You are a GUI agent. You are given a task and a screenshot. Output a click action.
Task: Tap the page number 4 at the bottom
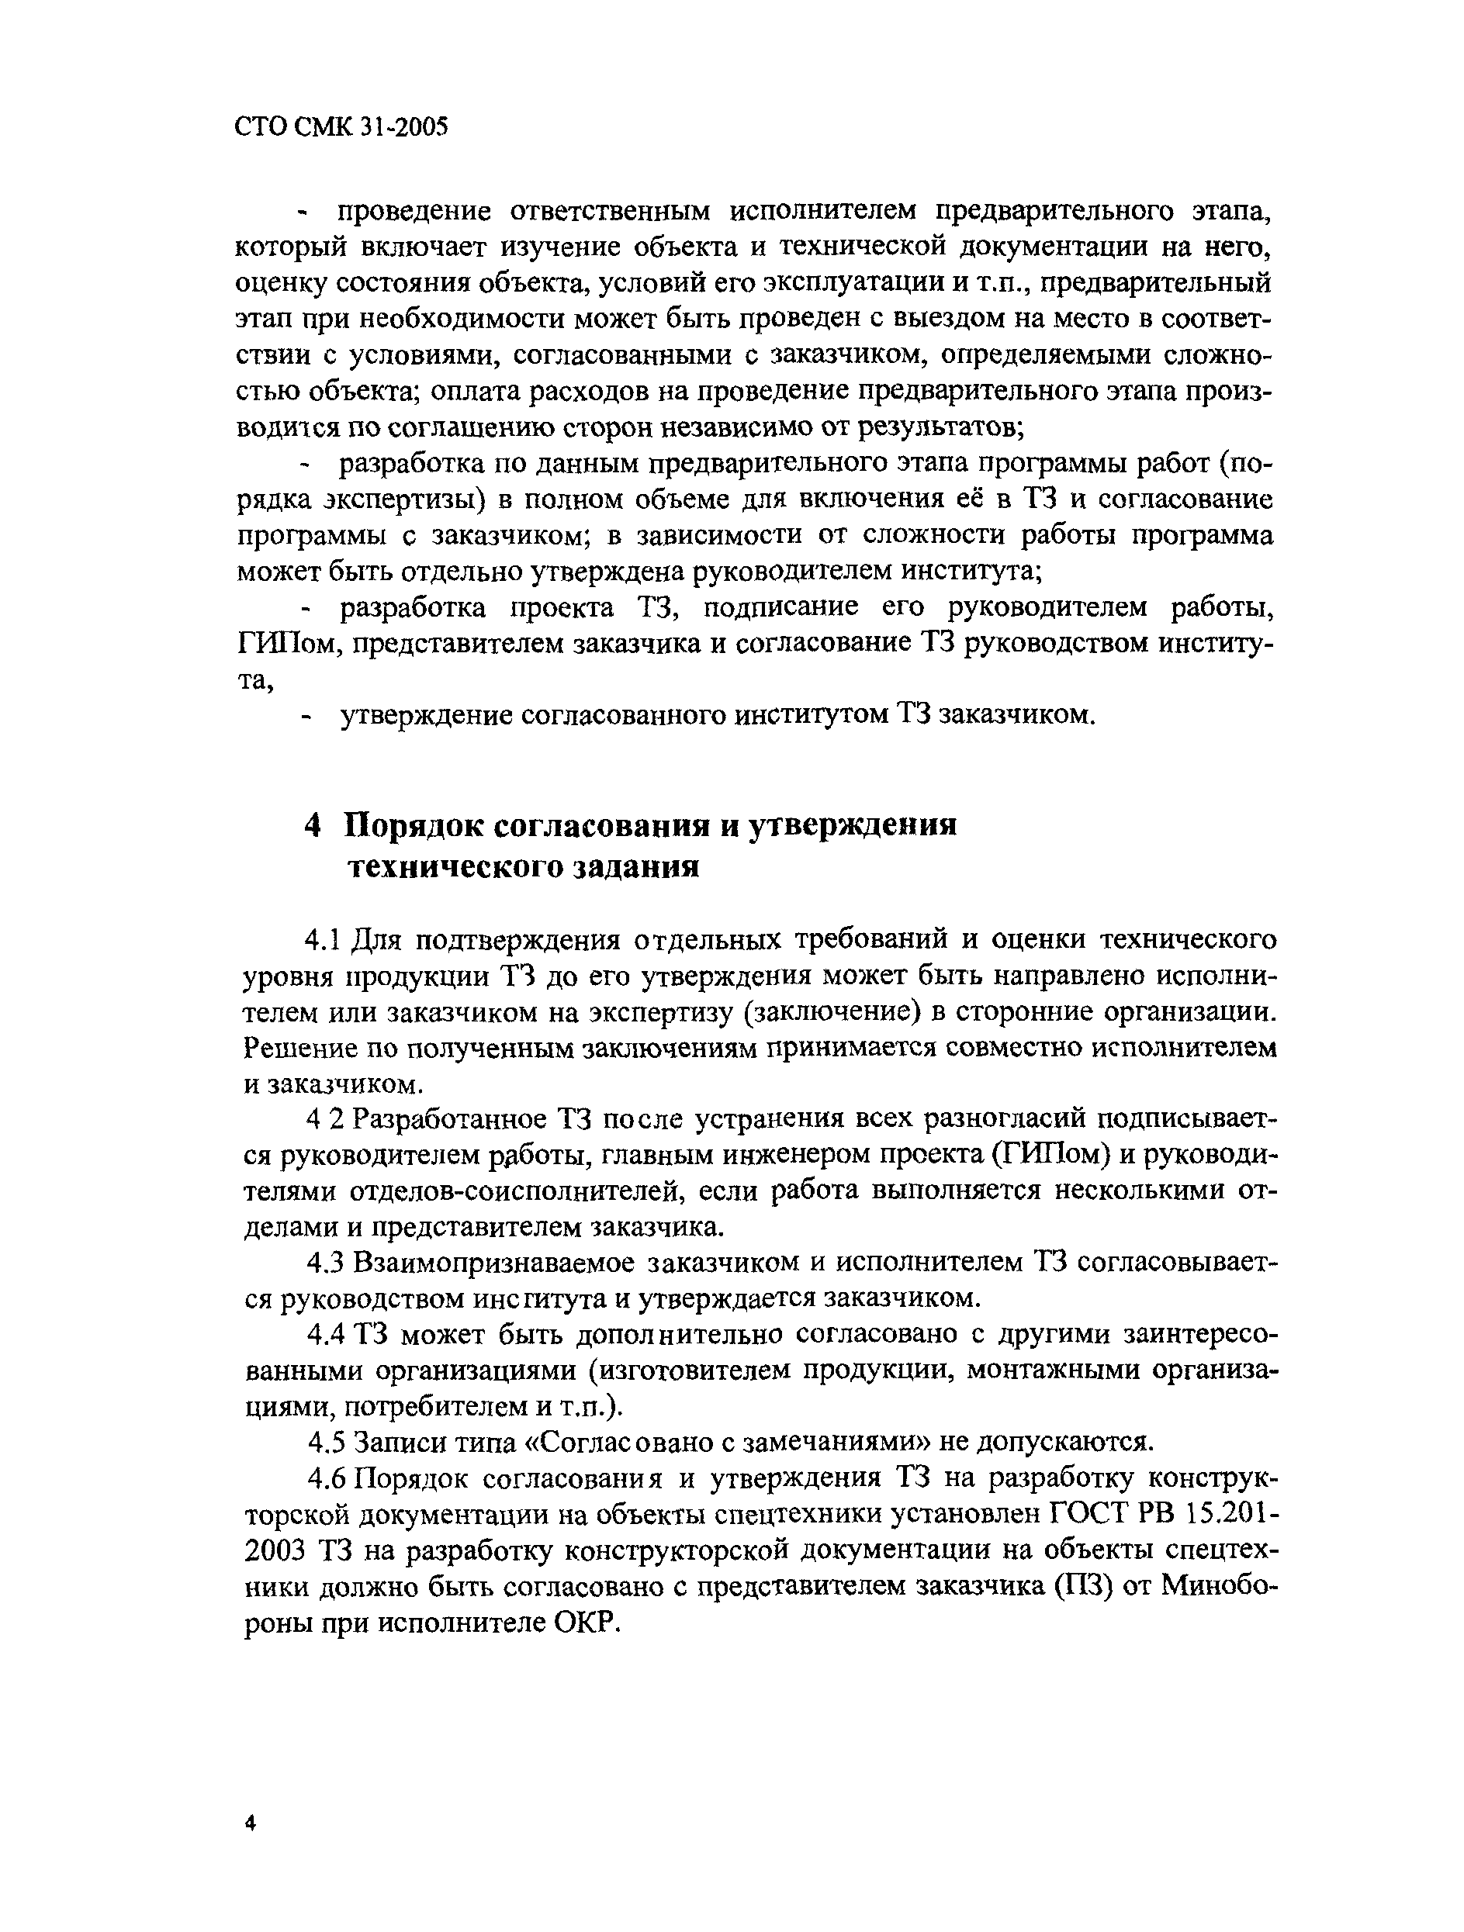[x=250, y=1823]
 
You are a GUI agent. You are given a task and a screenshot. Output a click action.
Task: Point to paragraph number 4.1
[x=321, y=940]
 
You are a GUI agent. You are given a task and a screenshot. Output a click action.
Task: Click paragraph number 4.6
[x=327, y=1478]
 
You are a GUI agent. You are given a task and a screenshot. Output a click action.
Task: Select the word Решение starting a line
[x=292, y=1047]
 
